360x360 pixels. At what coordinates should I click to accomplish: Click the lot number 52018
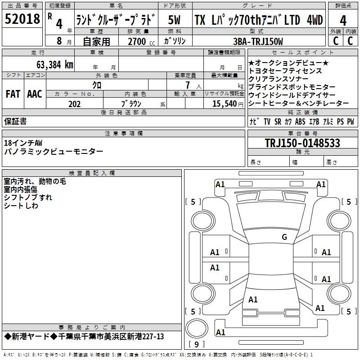point(22,19)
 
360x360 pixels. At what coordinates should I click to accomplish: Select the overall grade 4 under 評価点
point(343,21)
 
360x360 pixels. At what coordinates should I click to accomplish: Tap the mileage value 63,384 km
point(55,65)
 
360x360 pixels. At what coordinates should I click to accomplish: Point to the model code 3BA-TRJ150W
point(258,41)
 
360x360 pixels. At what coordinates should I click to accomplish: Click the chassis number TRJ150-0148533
point(302,143)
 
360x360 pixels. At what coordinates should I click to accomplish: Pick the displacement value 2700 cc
point(141,41)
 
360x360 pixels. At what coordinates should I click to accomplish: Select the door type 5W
point(174,20)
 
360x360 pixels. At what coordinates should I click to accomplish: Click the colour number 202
point(74,104)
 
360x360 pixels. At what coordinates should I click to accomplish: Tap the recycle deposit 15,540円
point(228,104)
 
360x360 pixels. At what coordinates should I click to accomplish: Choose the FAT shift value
point(13,94)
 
